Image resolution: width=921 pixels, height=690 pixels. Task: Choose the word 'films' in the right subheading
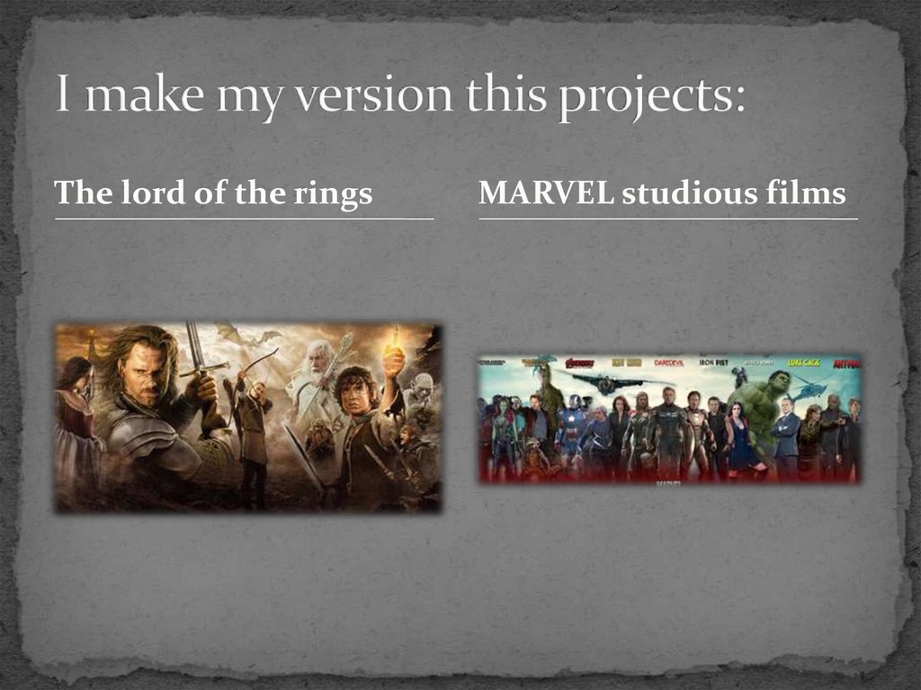[812, 193]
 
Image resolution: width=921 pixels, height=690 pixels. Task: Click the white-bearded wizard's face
[316, 360]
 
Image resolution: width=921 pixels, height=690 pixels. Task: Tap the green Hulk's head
[777, 381]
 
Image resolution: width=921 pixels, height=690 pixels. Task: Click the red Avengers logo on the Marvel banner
[579, 363]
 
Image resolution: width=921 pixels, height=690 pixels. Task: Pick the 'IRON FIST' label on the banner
[713, 363]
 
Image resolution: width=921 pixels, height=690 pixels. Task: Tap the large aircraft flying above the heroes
[613, 382]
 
